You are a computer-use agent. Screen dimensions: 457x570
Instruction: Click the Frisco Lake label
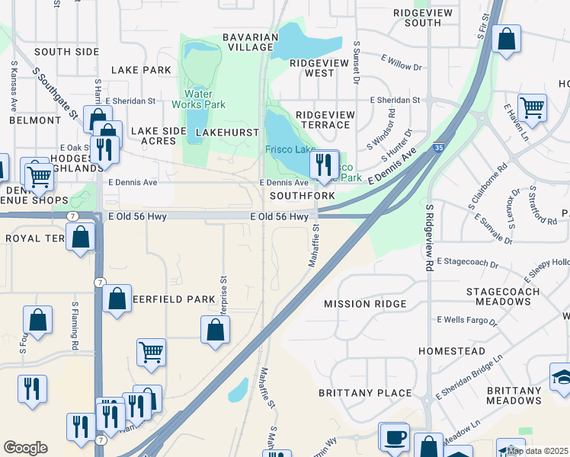coord(290,149)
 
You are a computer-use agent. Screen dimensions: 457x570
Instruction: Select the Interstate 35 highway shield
coord(438,147)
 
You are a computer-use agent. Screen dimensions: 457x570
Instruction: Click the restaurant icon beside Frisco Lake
coord(324,165)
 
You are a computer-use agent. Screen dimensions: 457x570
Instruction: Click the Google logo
coord(25,448)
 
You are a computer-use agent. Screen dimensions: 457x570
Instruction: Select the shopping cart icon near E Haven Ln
coord(532,108)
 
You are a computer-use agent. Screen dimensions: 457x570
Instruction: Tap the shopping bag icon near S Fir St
coord(506,40)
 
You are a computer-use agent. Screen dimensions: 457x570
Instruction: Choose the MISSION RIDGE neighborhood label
coord(365,304)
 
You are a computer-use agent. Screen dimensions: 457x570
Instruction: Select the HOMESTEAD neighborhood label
coord(452,351)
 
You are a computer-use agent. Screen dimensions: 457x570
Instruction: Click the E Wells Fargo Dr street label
coord(466,320)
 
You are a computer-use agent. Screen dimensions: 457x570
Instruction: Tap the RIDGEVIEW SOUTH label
coord(418,18)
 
